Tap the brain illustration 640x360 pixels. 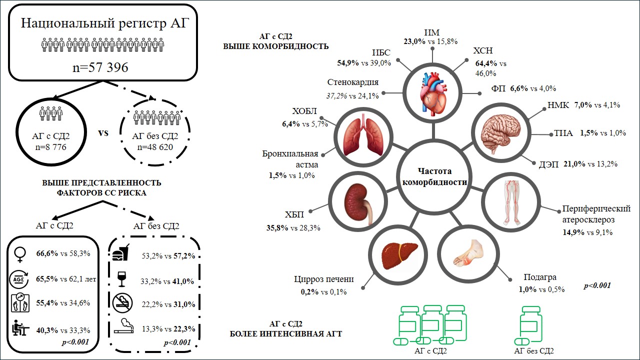(500, 133)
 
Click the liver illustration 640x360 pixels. (399, 255)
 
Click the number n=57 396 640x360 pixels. (100, 67)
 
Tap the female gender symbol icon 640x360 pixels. (20, 255)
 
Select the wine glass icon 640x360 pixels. (121, 279)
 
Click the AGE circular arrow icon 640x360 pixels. (19, 279)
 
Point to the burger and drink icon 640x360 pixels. (120, 252)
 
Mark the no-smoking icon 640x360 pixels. (122, 303)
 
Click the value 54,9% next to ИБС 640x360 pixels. (347, 63)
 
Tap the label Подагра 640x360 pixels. (540, 277)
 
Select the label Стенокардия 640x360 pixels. (353, 82)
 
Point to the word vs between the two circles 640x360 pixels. (103, 133)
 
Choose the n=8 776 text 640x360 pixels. (51, 147)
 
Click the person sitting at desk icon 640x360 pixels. (20, 327)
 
